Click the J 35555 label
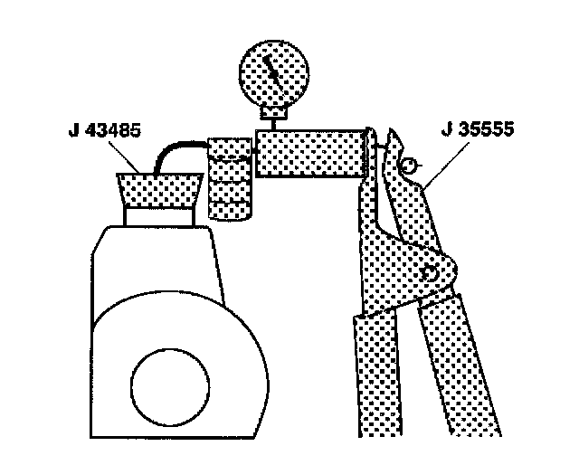click(476, 130)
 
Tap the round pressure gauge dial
click(273, 74)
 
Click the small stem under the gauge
click(273, 119)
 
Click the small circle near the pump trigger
click(409, 166)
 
